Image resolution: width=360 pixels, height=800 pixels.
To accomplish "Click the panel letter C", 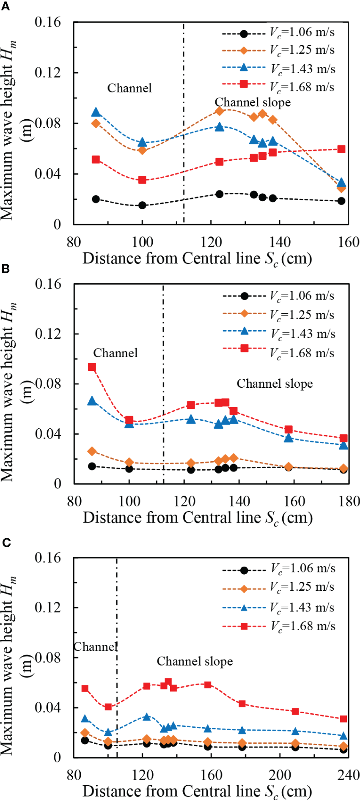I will click(6, 542).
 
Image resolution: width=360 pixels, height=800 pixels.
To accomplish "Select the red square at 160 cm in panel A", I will click(341, 149).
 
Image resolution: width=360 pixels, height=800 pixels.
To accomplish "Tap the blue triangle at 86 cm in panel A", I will click(96, 112).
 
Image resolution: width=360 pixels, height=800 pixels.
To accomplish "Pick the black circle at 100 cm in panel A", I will click(142, 205).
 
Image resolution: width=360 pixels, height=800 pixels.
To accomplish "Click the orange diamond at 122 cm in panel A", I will click(219, 111).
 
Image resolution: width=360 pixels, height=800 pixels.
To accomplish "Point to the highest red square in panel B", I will click(92, 367).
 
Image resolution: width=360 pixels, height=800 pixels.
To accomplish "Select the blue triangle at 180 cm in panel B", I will click(344, 445).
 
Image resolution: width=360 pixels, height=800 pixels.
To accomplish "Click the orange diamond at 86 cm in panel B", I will click(92, 452).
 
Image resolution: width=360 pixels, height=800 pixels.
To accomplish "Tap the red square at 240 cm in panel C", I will click(344, 719).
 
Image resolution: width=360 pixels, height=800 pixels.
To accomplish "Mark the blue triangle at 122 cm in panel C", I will click(146, 717).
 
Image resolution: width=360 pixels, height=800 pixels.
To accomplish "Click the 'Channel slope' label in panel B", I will click(275, 384).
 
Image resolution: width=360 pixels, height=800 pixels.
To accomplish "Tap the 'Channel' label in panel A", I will click(129, 88).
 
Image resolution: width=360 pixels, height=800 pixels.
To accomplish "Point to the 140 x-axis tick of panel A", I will click(280, 242).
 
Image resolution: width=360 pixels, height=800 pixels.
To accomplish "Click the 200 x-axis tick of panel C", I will click(280, 775).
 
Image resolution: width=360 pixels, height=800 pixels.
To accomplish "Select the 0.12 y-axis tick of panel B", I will click(48, 334).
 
